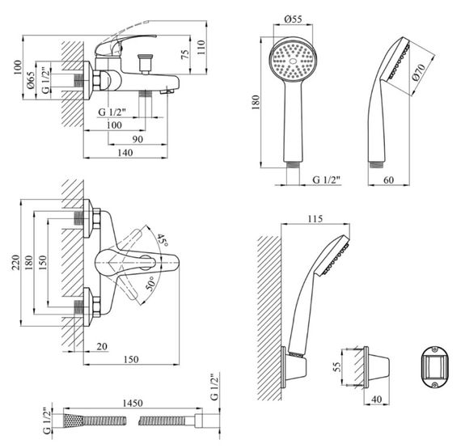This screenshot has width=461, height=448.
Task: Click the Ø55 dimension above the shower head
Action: coord(293,19)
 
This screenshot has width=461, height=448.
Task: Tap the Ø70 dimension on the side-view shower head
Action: coord(418,72)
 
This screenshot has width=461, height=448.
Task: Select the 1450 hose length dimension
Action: coord(132,403)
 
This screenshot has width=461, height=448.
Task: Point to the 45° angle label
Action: coord(163,240)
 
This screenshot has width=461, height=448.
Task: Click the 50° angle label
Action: coord(150,283)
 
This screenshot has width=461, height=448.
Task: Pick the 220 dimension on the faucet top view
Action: coord(15,263)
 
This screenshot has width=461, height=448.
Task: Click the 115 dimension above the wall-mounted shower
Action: coord(315,218)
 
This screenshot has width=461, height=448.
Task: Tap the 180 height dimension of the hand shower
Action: coord(256,102)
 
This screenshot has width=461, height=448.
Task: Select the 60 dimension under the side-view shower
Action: coord(388,180)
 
